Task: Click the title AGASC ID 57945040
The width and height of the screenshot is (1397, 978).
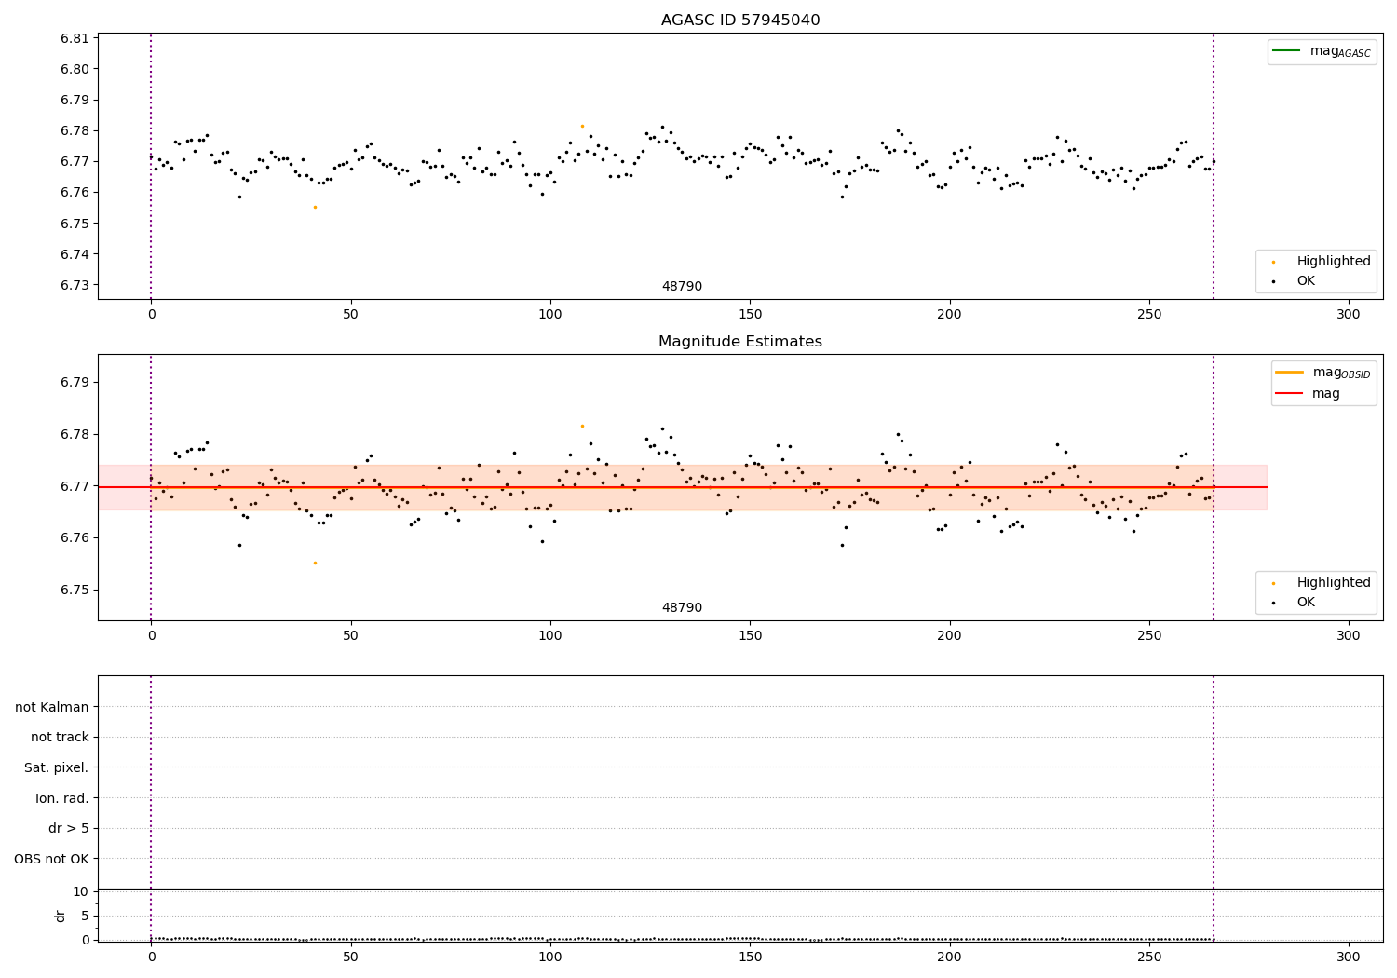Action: (x=739, y=20)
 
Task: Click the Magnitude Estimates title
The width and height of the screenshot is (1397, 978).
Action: (x=739, y=342)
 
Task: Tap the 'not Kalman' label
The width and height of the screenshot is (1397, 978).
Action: (x=52, y=707)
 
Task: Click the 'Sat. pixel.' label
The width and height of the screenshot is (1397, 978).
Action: (x=56, y=767)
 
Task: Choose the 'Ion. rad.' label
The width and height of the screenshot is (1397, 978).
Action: (x=62, y=798)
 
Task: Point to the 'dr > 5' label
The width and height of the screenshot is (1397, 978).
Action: (x=68, y=828)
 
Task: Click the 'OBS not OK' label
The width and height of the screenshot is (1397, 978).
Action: (x=51, y=859)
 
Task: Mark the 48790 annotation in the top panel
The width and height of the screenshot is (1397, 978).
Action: (x=682, y=286)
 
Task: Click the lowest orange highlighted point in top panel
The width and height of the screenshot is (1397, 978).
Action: (x=315, y=207)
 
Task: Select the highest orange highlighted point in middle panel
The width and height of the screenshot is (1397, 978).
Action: (x=582, y=426)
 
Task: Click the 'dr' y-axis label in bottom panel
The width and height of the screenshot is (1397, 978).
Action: (x=61, y=916)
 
